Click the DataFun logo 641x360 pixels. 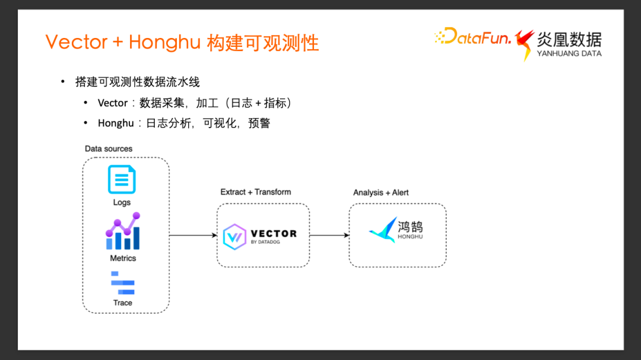pos(473,38)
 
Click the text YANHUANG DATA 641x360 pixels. pos(569,53)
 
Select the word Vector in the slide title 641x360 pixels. pos(77,43)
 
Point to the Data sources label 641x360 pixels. pos(109,148)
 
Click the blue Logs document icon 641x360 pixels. pos(122,179)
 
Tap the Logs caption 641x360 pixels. pos(122,202)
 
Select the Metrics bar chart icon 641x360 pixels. pos(123,232)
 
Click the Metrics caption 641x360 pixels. pos(123,258)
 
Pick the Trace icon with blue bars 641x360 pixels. pos(123,283)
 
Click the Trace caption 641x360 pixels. pos(123,302)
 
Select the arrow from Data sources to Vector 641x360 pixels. pos(193,235)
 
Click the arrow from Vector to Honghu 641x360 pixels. pos(329,235)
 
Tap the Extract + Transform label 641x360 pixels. pos(256,192)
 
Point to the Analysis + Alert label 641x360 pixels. pos(381,192)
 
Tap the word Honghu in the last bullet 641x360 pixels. pos(116,123)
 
